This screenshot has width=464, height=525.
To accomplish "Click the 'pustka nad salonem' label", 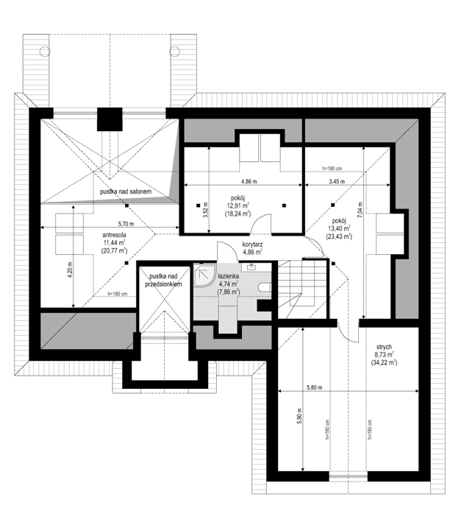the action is [x=126, y=191].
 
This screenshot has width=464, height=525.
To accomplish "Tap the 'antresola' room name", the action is [x=114, y=236].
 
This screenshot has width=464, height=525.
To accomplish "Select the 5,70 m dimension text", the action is [x=126, y=224].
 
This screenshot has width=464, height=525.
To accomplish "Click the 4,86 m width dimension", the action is [x=249, y=182].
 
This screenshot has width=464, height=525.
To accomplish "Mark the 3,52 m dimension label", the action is [x=205, y=210].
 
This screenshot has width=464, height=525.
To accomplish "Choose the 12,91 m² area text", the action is [x=238, y=205].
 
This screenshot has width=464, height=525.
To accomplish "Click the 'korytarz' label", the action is [x=252, y=245].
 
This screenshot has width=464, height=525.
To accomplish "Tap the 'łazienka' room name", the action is [x=228, y=276].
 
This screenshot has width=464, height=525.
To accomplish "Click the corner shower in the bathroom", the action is [x=204, y=275].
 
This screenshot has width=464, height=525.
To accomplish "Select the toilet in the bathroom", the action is [x=265, y=287].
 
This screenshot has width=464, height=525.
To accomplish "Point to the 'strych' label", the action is [x=384, y=348].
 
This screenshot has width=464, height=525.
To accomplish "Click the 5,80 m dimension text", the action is [x=315, y=388].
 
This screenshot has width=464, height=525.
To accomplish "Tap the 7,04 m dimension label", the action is [x=360, y=210].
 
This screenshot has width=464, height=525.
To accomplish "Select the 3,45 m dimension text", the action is [x=337, y=182].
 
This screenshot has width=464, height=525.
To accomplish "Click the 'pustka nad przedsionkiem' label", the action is [x=163, y=281].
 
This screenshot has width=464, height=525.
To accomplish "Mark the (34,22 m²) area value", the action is [x=384, y=362].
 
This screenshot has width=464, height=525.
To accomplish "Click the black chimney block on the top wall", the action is [x=110, y=119].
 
